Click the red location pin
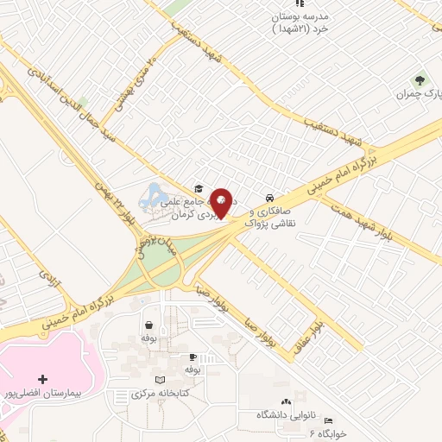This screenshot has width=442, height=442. click(223, 202)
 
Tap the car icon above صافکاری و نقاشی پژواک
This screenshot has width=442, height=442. click(271, 196)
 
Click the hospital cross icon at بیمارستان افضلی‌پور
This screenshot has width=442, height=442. click(43, 378)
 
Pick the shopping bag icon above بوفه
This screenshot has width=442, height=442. click(150, 325)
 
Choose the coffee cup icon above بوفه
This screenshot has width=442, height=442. click(193, 357)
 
